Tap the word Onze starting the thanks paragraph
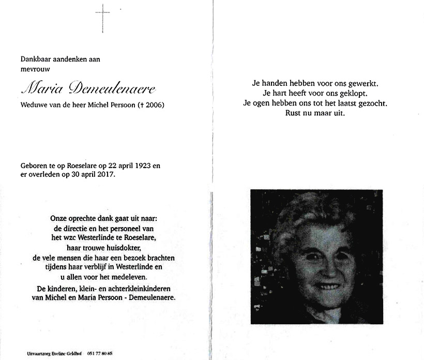click(x=59, y=219)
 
